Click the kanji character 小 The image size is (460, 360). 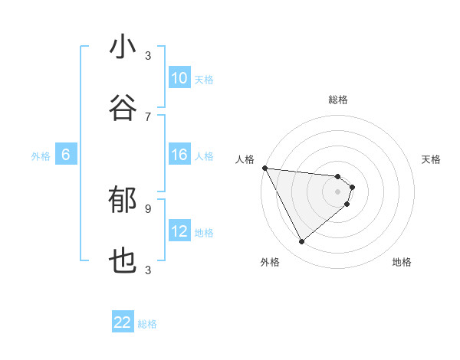point(123,47)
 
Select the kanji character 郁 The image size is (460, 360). point(123,201)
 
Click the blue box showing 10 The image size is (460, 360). point(179,78)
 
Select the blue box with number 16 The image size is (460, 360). point(179,155)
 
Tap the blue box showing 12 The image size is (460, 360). point(179,231)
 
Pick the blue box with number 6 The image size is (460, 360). point(66,155)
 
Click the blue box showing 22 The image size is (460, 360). point(123,322)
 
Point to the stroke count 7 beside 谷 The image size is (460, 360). point(148,116)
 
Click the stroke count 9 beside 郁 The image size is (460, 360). point(148,208)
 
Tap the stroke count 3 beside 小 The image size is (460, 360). point(148,55)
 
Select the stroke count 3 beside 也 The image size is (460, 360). point(148,270)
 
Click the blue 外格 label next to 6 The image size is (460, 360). point(41,155)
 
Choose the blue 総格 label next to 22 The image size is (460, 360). point(147,323)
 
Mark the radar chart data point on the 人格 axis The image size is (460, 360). point(264,168)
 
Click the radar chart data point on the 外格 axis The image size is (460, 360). point(302,242)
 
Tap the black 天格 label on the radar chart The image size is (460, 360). point(432,159)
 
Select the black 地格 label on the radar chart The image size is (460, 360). point(402,262)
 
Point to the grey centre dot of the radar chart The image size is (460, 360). point(338,191)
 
